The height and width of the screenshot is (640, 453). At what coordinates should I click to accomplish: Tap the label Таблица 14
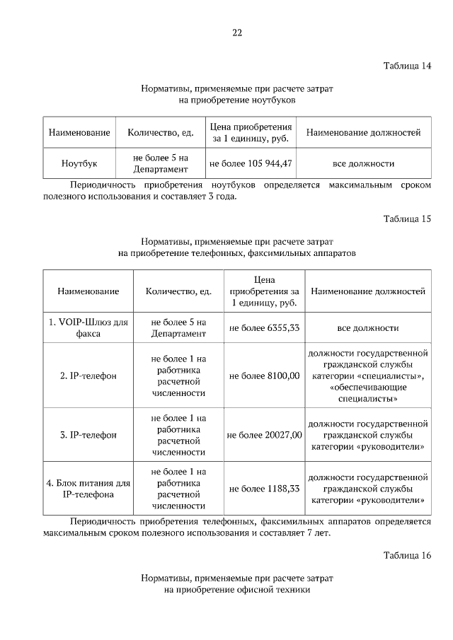click(x=407, y=66)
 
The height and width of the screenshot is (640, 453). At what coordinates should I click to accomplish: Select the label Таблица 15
click(x=407, y=219)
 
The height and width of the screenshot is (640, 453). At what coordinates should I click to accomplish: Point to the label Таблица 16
click(x=407, y=555)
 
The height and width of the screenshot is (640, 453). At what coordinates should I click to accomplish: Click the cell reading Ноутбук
click(x=79, y=163)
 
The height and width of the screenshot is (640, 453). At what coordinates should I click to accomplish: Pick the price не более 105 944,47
click(x=251, y=163)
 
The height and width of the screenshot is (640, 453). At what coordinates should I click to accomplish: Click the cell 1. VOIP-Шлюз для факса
click(x=88, y=328)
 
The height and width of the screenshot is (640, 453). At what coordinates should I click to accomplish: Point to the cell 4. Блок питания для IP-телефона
click(x=88, y=488)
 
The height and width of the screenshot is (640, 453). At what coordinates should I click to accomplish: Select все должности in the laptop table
click(x=363, y=163)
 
